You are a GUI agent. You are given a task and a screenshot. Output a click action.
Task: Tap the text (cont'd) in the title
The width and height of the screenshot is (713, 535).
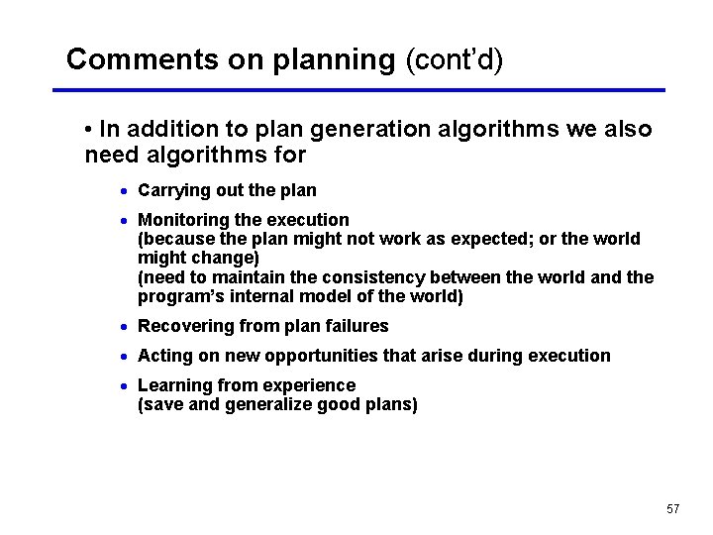[455, 59]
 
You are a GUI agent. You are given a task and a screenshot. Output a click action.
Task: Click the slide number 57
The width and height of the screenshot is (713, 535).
[673, 508]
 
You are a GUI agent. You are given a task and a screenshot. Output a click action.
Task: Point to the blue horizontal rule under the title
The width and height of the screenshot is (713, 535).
[358, 90]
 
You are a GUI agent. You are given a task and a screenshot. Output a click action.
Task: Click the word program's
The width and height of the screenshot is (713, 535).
[179, 297]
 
